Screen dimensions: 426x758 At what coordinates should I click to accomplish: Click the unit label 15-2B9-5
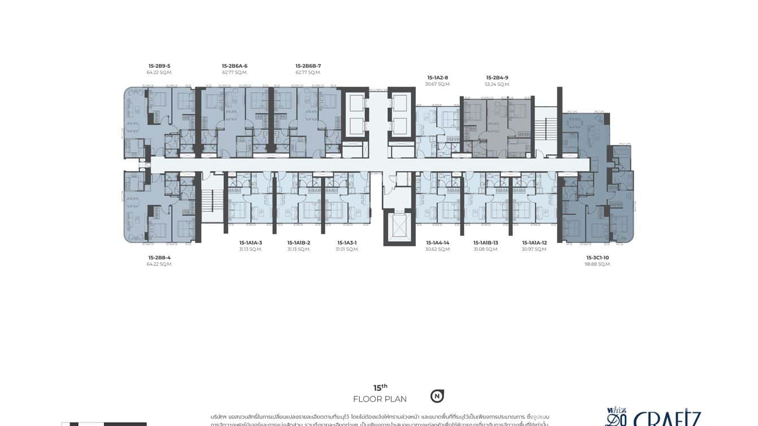[x=159, y=66]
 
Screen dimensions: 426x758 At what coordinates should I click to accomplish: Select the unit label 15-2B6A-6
[x=234, y=66]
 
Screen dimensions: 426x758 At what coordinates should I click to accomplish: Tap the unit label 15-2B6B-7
[x=308, y=66]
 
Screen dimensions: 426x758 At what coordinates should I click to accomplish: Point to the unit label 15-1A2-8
[x=438, y=78]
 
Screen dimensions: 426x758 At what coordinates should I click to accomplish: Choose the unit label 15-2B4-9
[x=497, y=78]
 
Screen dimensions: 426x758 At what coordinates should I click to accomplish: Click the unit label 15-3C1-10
[x=598, y=258]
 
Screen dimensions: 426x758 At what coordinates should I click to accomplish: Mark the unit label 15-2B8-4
[x=159, y=258]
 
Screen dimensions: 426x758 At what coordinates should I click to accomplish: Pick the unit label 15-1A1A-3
[x=250, y=243]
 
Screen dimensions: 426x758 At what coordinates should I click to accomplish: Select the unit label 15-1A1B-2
[x=298, y=243]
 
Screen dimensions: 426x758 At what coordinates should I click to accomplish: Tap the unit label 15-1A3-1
[x=347, y=243]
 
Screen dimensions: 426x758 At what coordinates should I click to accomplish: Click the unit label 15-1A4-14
[x=438, y=243]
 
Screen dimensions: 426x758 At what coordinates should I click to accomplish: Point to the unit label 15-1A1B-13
[x=486, y=243]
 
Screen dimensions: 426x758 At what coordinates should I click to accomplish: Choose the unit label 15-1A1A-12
[x=534, y=243]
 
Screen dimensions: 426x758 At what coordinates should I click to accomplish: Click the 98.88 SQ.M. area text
[x=598, y=264]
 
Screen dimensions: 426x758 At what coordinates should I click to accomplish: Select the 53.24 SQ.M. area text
[x=497, y=84]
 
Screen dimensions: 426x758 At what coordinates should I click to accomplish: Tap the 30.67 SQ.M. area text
[x=438, y=84]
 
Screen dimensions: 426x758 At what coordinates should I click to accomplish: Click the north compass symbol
[x=437, y=396]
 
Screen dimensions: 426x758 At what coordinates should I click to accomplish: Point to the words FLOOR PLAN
[x=380, y=399]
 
